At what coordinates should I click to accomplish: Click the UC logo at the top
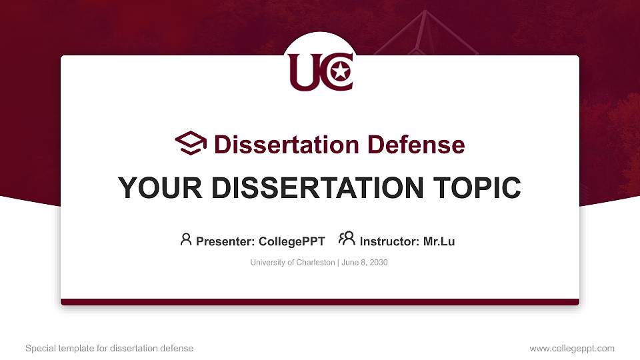point(321,72)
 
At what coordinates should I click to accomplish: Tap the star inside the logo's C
point(341,71)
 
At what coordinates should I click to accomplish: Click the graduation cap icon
point(191,143)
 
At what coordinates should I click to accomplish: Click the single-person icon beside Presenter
point(186,239)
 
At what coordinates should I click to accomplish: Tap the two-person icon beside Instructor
point(347,238)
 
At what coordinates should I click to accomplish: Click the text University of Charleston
point(293,263)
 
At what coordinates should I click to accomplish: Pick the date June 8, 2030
point(365,263)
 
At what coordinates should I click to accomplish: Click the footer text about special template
point(109,348)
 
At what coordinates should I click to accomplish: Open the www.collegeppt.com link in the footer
point(572,348)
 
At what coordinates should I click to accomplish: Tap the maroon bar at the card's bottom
point(320,302)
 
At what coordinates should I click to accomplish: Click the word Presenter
point(223,241)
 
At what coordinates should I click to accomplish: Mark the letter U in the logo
point(303,72)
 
